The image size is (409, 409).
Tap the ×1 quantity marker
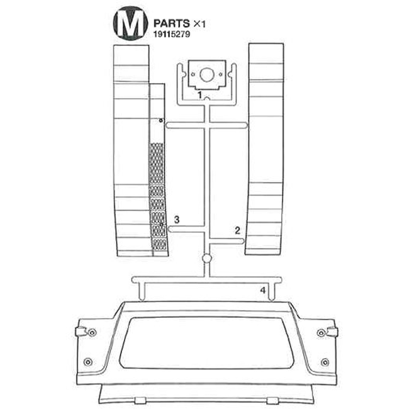(199, 23)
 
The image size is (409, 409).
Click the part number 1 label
(199, 94)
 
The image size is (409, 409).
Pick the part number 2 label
(237, 230)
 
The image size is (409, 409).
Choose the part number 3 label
(177, 220)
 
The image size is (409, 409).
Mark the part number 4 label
(263, 291)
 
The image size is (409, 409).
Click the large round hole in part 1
(205, 77)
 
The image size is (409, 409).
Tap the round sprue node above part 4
(206, 258)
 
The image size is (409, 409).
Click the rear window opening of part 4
(205, 342)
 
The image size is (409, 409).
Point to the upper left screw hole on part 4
(92, 332)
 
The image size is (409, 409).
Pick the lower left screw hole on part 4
(87, 361)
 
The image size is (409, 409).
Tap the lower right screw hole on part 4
(324, 361)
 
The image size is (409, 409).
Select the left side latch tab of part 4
(79, 331)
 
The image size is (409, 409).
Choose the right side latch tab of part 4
(332, 331)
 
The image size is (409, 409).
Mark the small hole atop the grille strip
(160, 120)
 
